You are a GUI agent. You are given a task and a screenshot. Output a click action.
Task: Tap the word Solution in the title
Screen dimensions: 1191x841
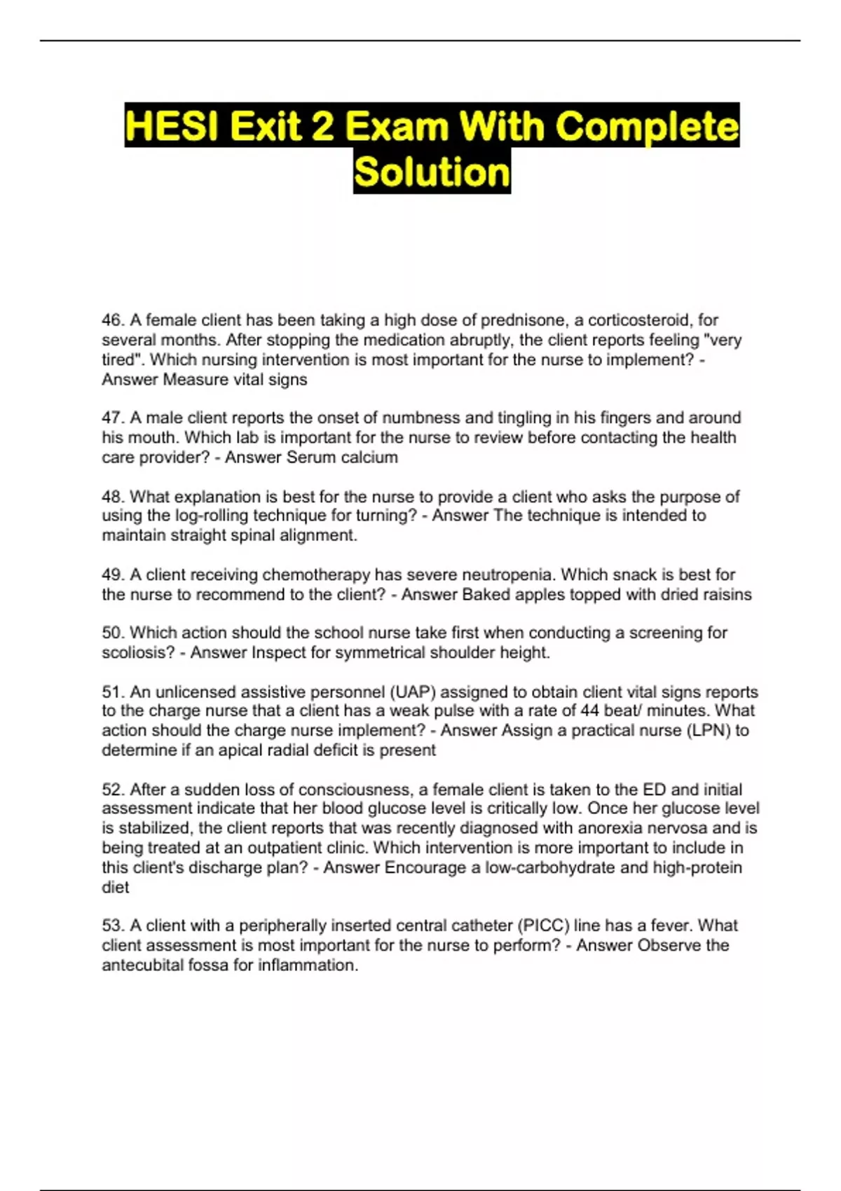click(432, 172)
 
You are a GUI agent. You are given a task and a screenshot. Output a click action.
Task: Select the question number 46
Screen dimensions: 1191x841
click(112, 320)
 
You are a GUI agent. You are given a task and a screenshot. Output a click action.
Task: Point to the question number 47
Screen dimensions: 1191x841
click(112, 418)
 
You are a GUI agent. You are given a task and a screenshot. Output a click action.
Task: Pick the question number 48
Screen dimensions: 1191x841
click(112, 497)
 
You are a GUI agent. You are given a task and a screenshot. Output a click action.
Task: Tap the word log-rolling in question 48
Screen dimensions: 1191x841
click(210, 516)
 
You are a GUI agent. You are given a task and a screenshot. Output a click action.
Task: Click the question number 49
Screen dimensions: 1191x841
click(112, 575)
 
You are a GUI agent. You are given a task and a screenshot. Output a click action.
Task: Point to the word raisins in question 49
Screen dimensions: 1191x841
click(724, 595)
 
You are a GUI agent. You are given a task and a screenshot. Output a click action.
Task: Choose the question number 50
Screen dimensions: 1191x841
click(112, 633)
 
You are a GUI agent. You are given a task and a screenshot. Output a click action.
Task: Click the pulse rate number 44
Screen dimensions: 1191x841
click(589, 711)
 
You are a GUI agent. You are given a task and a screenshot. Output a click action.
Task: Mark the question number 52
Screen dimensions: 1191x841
click(112, 790)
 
